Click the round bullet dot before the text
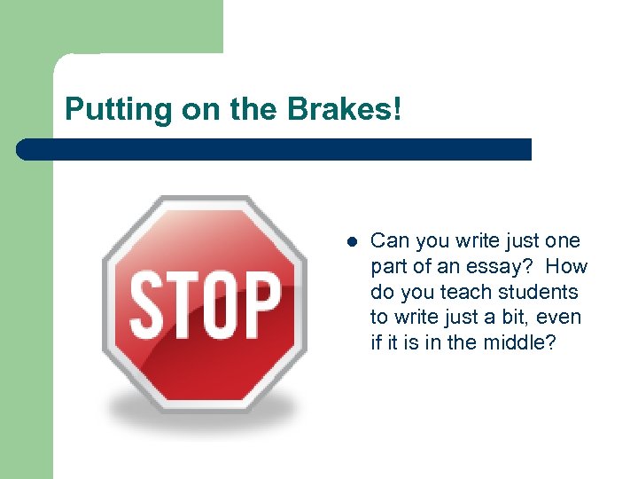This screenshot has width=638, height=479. coord(351,241)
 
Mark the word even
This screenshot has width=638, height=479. coord(562,318)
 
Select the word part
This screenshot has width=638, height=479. coord(387,267)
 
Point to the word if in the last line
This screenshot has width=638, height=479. coord(376,342)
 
